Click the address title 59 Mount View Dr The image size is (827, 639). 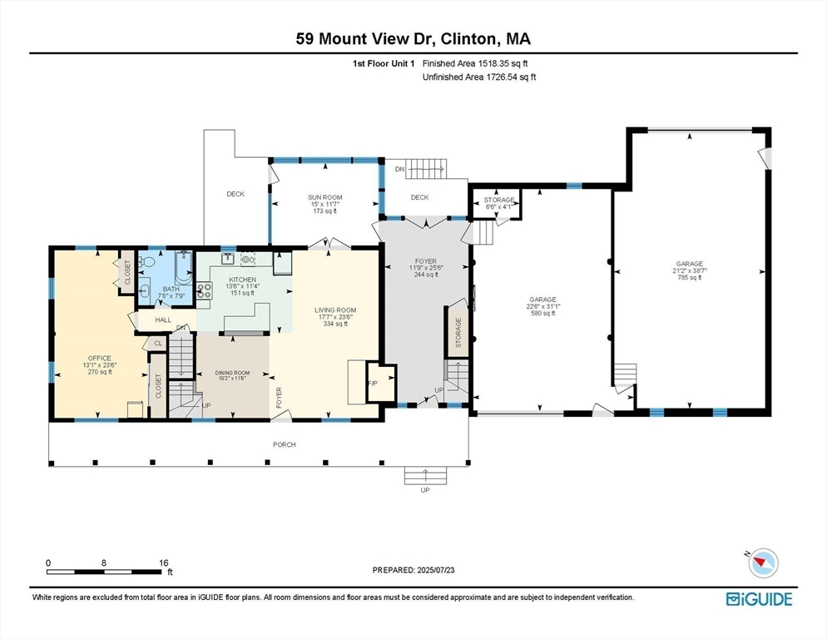pos(413,38)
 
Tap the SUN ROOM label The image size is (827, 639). pos(326,197)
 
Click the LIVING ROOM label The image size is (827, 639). pos(334,310)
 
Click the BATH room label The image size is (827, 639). pos(171,289)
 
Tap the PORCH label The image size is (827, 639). pos(285,444)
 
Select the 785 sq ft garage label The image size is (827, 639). pos(689,264)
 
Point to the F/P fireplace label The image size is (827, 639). pos(372,383)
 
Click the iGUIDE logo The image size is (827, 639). pos(758,598)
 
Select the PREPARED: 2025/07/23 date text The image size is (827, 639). pos(413,570)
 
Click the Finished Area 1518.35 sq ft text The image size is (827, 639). pos(475,63)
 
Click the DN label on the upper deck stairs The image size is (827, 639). pos(400,169)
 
